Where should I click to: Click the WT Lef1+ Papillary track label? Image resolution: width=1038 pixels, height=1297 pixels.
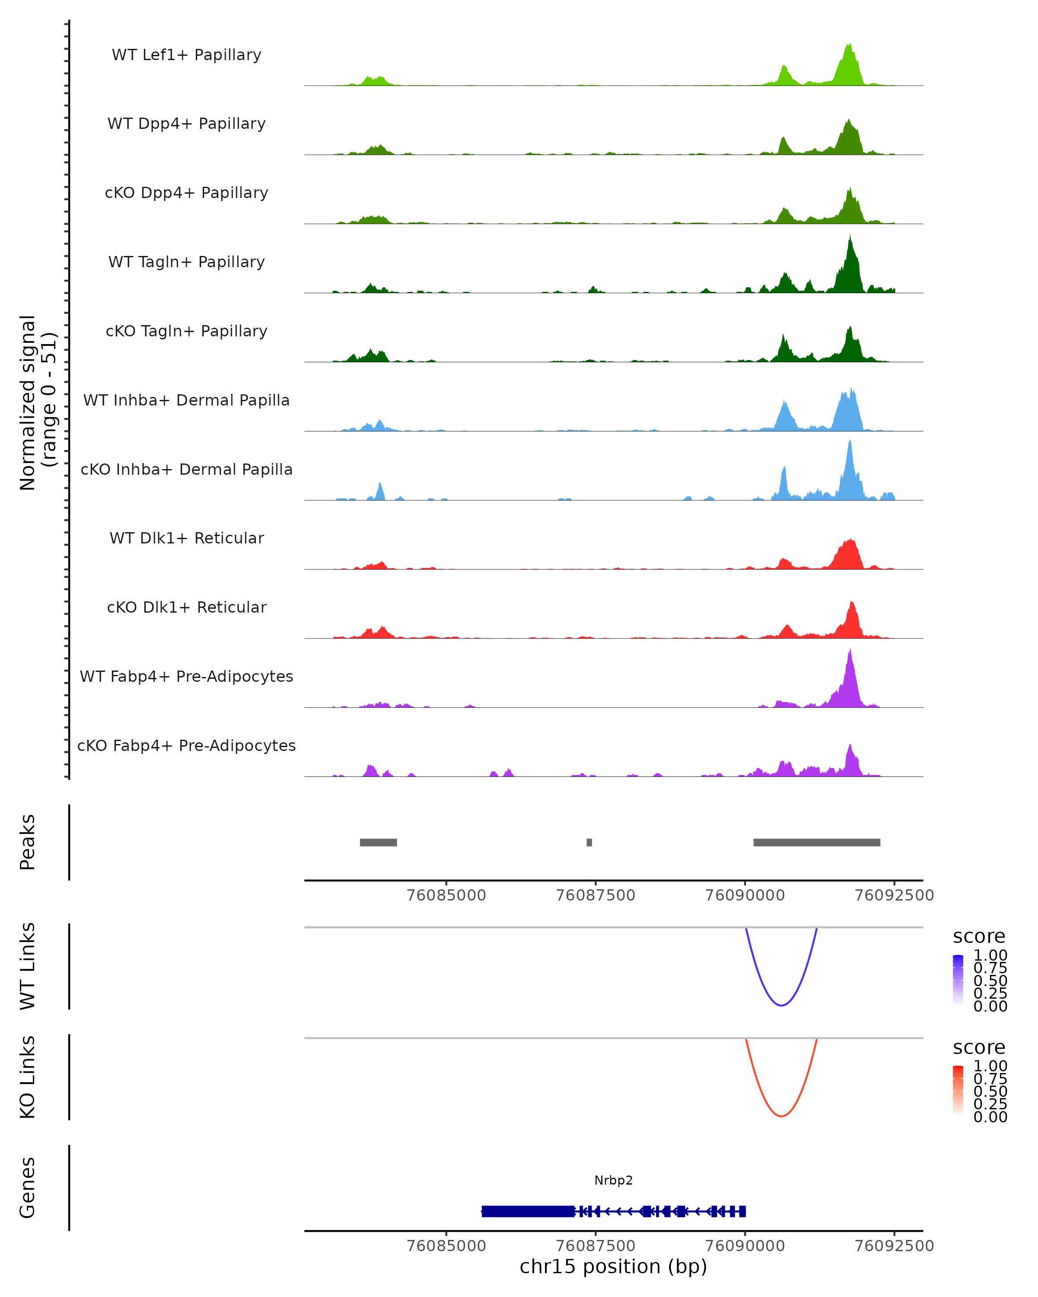(x=186, y=55)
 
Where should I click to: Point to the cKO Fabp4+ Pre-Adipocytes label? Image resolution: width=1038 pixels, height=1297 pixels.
(x=186, y=745)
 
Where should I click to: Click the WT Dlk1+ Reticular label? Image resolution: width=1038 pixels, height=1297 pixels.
(x=186, y=538)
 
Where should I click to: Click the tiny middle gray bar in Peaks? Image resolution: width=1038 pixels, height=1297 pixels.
(x=589, y=842)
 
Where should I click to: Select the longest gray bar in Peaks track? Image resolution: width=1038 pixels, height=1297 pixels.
(x=817, y=842)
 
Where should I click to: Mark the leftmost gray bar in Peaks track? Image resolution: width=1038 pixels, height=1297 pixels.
(x=378, y=842)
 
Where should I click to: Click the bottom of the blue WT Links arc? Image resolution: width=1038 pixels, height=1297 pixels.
(x=781, y=1005)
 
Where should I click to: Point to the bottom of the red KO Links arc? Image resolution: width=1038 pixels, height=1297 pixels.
(x=781, y=1116)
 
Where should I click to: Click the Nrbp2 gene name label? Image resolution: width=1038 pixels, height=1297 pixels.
(x=613, y=1180)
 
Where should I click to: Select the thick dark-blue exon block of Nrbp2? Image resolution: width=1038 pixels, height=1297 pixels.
(x=528, y=1211)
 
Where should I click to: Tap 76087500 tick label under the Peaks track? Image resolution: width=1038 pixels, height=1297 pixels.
(x=595, y=895)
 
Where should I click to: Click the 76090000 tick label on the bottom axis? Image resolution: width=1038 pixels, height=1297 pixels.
(x=745, y=1246)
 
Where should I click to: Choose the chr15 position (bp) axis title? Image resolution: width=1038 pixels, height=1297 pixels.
(x=613, y=1267)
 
